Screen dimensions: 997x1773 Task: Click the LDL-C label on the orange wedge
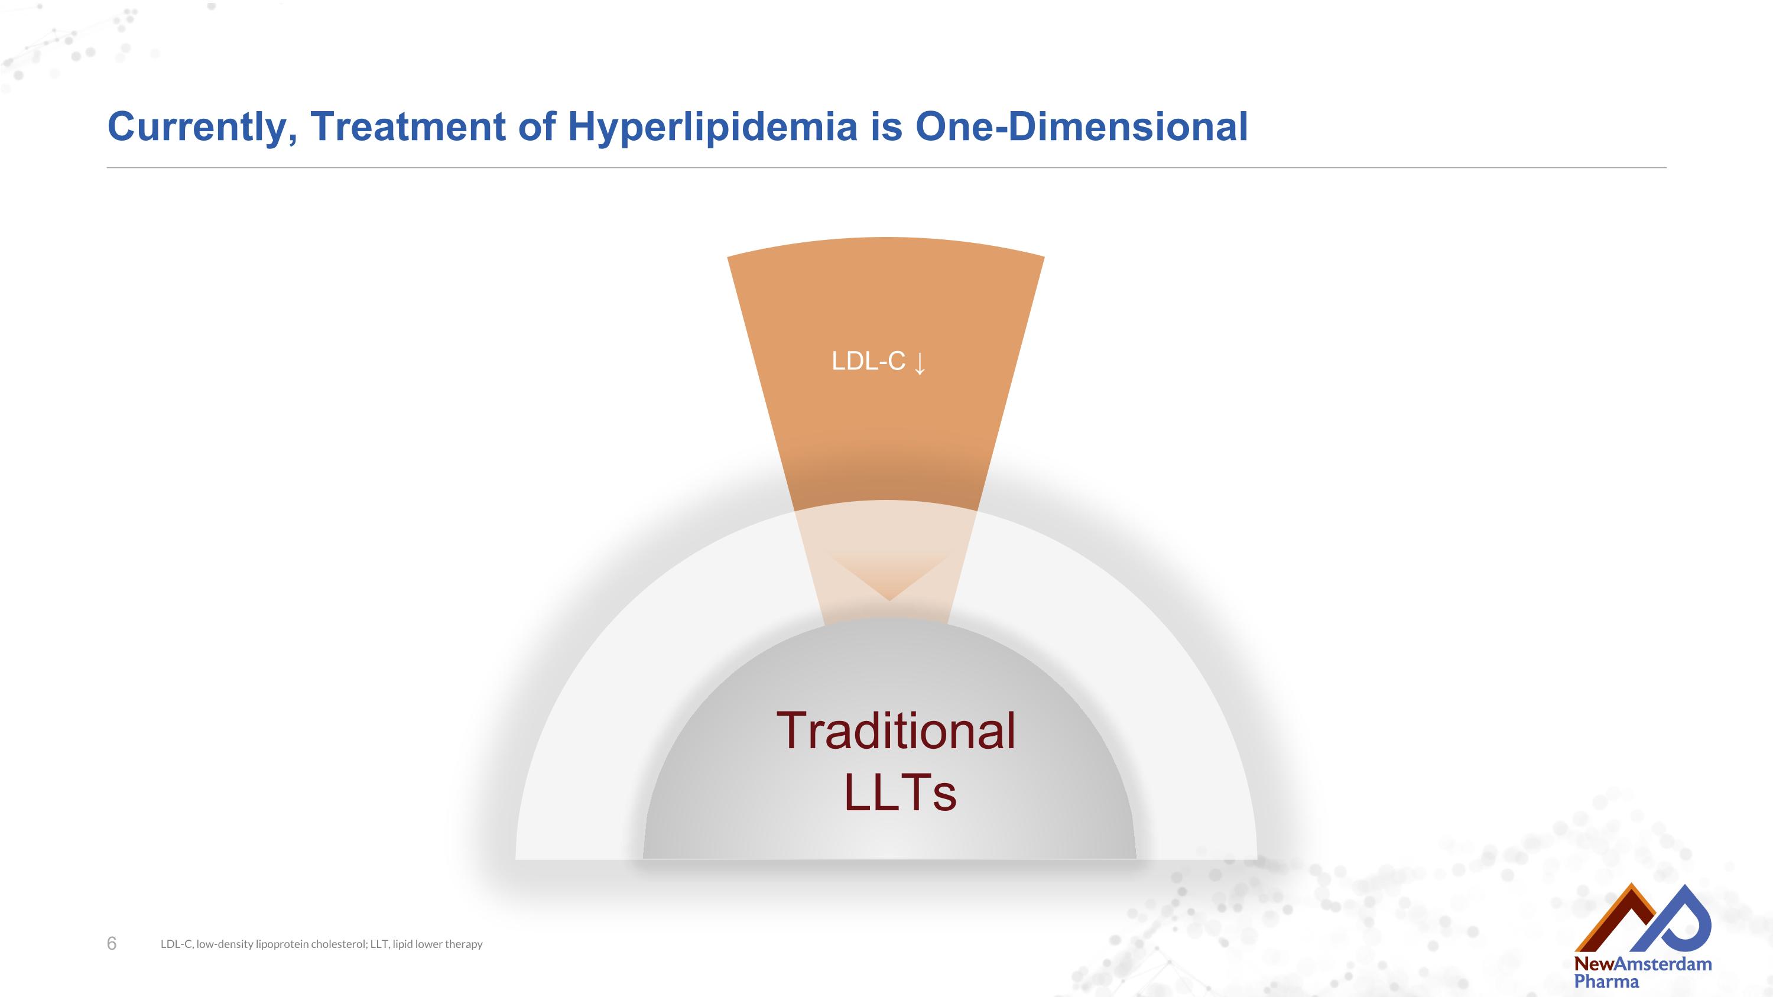coord(868,361)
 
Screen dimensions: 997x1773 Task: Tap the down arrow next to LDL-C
coord(920,363)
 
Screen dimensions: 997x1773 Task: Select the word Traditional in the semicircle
coord(895,730)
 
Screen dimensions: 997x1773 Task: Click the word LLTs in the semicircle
coord(900,793)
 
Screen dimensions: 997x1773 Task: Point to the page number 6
coord(112,943)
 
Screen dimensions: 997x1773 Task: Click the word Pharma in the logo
coord(1606,981)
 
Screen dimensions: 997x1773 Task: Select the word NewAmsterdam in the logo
coord(1642,964)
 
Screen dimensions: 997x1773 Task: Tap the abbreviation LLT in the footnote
coord(379,944)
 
